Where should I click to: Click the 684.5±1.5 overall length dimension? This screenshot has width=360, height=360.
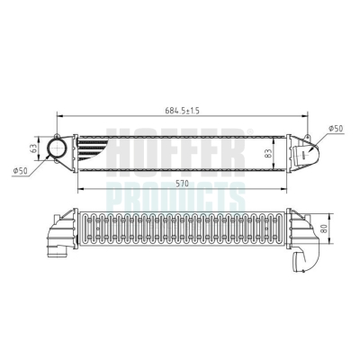click(x=182, y=111)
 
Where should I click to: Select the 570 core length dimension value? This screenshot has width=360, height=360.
click(x=183, y=184)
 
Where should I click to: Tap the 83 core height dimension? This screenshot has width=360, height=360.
click(x=268, y=154)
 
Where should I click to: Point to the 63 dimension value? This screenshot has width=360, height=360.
click(x=34, y=148)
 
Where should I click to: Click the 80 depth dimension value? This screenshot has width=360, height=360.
click(x=324, y=229)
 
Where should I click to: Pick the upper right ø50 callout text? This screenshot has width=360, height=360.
click(x=336, y=129)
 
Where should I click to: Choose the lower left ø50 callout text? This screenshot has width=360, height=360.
click(x=20, y=171)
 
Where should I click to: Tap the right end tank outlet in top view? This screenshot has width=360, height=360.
click(x=304, y=152)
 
